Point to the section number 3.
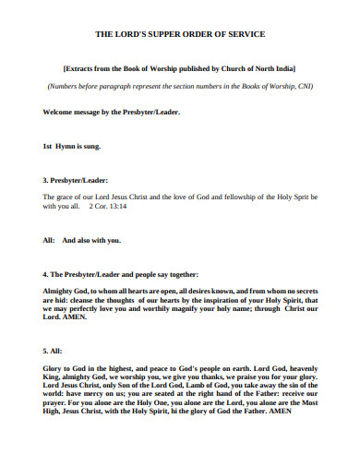[46, 180]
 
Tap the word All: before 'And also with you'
[49, 240]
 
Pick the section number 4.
[46, 274]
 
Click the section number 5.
[46, 352]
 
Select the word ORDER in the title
[204, 34]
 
